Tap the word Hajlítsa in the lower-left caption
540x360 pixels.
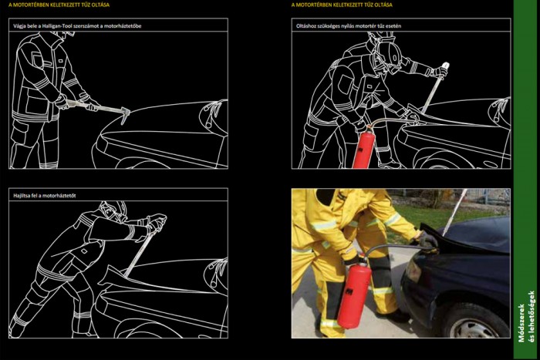click(22, 196)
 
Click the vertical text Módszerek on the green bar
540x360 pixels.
click(521, 323)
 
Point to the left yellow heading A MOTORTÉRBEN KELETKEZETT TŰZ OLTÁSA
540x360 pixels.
click(59, 5)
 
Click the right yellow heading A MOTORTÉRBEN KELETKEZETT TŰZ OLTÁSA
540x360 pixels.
click(342, 5)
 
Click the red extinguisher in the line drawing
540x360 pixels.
click(363, 148)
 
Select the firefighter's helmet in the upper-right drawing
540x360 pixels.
click(387, 55)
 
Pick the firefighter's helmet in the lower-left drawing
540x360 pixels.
click(113, 210)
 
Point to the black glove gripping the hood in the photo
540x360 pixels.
click(427, 239)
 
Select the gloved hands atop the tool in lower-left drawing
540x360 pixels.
click(157, 222)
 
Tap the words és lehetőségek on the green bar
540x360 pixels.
click(532, 317)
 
